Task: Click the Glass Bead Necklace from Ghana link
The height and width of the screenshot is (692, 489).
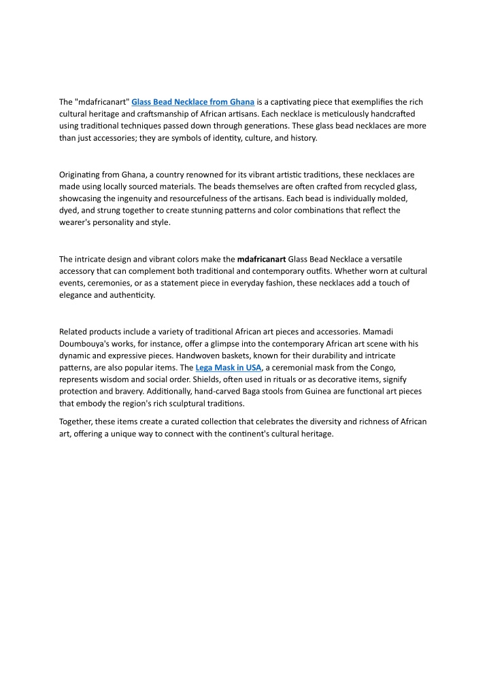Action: click(x=192, y=102)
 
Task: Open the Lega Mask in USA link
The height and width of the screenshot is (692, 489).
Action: click(x=228, y=368)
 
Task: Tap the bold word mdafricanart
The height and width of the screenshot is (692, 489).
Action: click(x=261, y=259)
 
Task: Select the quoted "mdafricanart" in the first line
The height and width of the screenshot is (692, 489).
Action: click(x=102, y=102)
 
